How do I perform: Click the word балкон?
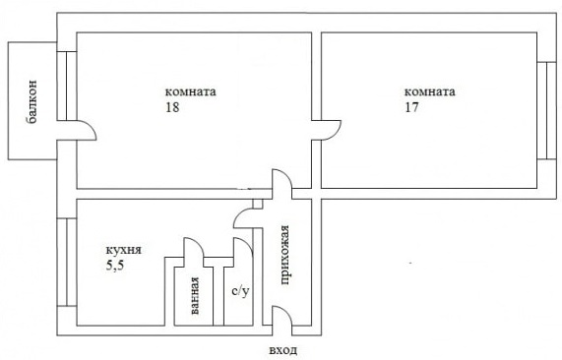pyautogui.click(x=31, y=102)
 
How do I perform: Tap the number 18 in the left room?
pyautogui.click(x=172, y=107)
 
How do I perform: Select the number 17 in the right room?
pyautogui.click(x=411, y=107)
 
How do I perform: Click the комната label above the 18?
pyautogui.click(x=190, y=91)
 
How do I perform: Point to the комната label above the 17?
pyautogui.click(x=430, y=91)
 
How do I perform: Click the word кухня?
pyautogui.click(x=124, y=250)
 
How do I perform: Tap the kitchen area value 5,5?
pyautogui.click(x=115, y=267)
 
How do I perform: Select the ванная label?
pyautogui.click(x=194, y=296)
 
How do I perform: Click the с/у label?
pyautogui.click(x=240, y=291)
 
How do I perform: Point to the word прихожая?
pyautogui.click(x=284, y=255)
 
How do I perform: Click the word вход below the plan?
pyautogui.click(x=282, y=349)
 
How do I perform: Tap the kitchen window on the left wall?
pyautogui.click(x=67, y=263)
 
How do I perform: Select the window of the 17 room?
pyautogui.click(x=546, y=110)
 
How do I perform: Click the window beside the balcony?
pyautogui.click(x=67, y=86)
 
